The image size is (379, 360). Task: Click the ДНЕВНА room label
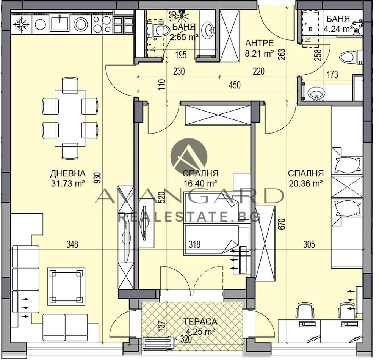click(68, 173)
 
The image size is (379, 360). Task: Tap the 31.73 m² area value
click(68, 183)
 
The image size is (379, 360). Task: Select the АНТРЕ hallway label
click(260, 43)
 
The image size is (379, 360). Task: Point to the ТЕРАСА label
click(200, 322)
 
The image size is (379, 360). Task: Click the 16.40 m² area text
click(200, 183)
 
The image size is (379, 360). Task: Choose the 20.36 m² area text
click(306, 183)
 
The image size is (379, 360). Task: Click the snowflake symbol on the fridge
click(21, 24)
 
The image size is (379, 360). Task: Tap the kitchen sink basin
click(60, 22)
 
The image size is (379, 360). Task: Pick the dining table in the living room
click(70, 118)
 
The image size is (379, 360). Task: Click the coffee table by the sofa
click(66, 286)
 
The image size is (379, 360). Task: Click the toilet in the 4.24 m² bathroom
click(350, 58)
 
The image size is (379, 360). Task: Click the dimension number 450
click(234, 85)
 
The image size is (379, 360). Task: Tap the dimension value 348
click(72, 244)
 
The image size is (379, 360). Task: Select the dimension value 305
click(309, 244)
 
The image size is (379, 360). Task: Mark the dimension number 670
click(283, 224)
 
